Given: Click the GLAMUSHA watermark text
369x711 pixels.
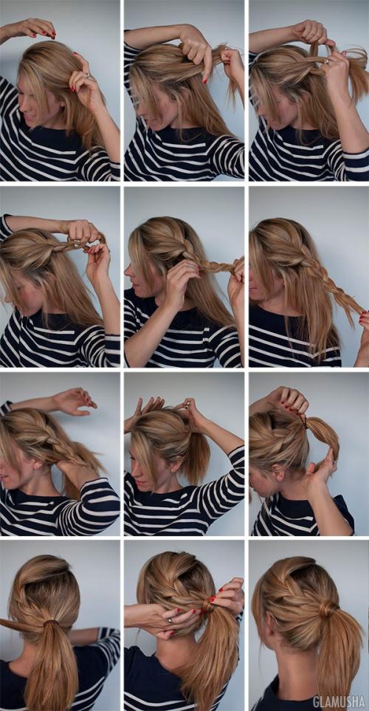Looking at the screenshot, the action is [x=339, y=701].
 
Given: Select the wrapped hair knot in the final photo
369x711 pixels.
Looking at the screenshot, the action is [x=328, y=609].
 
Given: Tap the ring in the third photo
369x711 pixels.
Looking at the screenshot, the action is [x=327, y=61].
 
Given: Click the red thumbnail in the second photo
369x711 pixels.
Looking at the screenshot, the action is [x=205, y=80].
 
